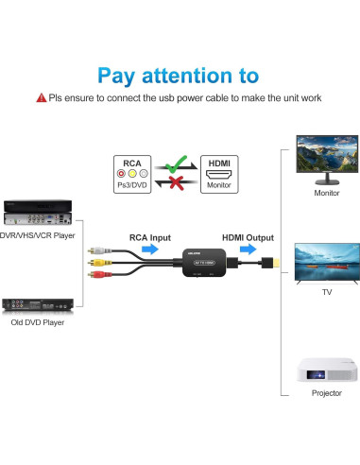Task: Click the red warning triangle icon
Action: [41, 97]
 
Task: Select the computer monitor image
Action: [326, 159]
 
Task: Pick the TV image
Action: [326, 261]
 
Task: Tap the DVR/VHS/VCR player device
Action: [37, 210]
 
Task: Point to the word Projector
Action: [326, 393]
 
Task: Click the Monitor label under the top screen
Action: [326, 194]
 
